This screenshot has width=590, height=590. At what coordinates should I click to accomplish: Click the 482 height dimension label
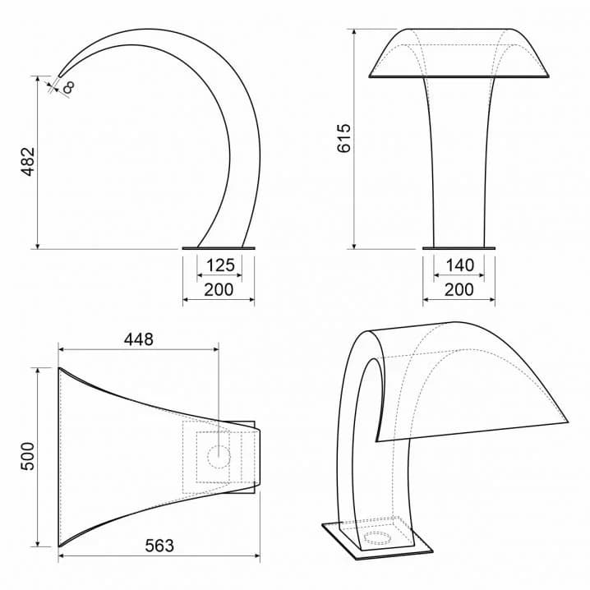tap(28, 162)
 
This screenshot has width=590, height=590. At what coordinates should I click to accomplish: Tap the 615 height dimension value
tap(344, 138)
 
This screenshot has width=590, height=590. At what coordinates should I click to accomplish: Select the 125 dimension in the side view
tap(220, 265)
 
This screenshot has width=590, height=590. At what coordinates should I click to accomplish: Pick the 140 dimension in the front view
tap(460, 265)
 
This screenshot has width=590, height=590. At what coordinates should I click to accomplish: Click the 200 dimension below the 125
tap(219, 290)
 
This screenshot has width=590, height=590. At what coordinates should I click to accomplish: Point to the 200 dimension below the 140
tap(459, 290)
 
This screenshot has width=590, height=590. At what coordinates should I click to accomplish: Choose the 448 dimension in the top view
tap(139, 339)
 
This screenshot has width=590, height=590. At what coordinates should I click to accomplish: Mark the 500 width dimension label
tap(27, 456)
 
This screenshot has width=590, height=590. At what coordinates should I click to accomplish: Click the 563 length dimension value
tap(159, 546)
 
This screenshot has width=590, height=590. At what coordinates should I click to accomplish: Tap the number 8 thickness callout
tap(69, 87)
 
